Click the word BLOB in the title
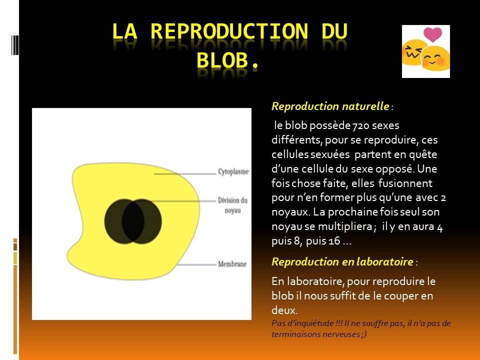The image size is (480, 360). (222, 60)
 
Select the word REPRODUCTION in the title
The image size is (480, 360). (229, 31)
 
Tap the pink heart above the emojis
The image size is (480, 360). (432, 34)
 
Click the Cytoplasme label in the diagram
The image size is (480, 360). (233, 171)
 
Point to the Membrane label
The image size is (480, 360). (232, 264)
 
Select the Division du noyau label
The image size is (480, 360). (232, 205)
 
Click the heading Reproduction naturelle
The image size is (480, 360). (330, 106)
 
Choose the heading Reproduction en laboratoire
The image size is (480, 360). (342, 261)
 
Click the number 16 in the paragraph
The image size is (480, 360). (334, 241)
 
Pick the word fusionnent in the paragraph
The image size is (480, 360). (405, 183)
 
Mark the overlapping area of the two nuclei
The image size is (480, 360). (133, 221)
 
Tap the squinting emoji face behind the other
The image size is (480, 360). (413, 52)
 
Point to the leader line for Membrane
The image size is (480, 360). (196, 264)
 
